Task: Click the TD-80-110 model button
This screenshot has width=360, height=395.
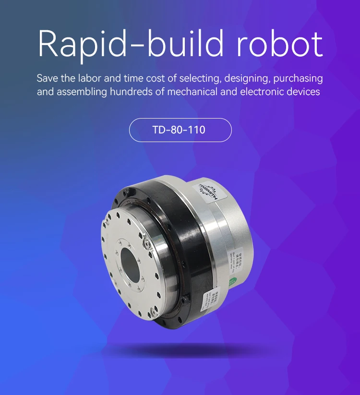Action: [x=180, y=130]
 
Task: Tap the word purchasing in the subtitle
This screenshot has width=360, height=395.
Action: [x=298, y=78]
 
